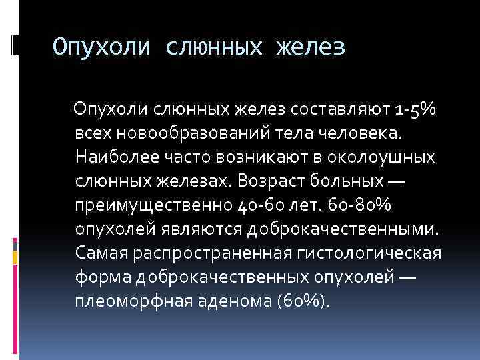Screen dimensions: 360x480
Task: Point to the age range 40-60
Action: point(261,205)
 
